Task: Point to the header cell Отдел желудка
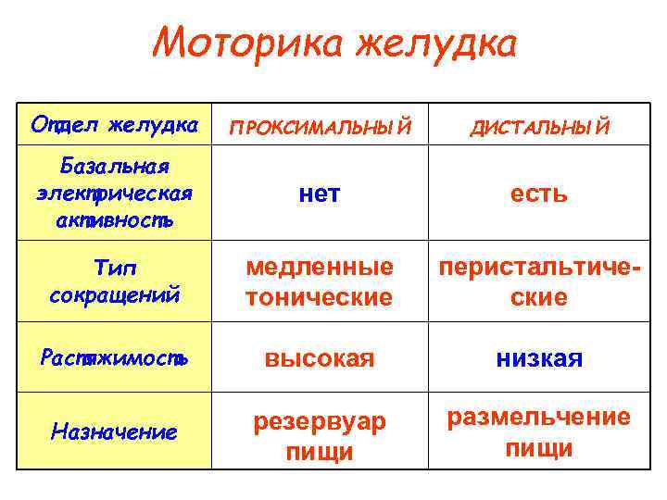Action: [115, 123]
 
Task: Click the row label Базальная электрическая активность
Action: [115, 194]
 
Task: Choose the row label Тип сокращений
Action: [115, 282]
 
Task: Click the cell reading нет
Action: [320, 194]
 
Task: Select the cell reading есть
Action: [539, 194]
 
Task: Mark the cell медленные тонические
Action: [319, 282]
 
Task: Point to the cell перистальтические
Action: [539, 282]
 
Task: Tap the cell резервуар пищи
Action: [320, 436]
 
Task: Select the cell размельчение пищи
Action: [539, 432]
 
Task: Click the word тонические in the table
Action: [319, 298]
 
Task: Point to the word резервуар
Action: [320, 421]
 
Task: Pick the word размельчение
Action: [539, 418]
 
